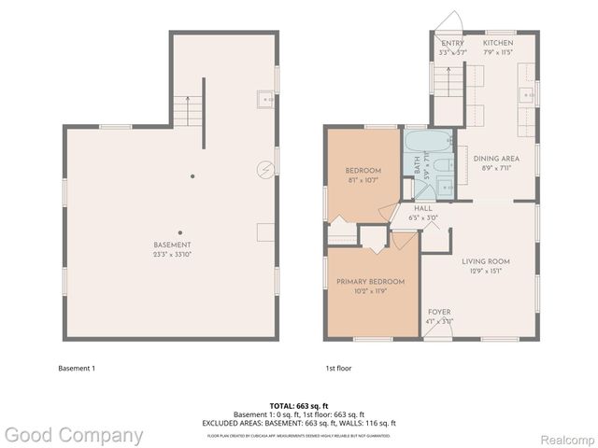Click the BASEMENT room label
(x=172, y=245)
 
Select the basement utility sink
(x=264, y=97)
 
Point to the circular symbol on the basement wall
(x=266, y=169)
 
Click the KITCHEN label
(x=498, y=43)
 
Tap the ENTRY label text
(x=452, y=43)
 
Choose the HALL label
(x=424, y=210)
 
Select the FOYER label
(x=439, y=312)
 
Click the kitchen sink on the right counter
(x=530, y=94)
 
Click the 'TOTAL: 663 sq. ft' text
(x=299, y=406)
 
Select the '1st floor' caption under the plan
(x=338, y=368)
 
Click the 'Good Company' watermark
(x=73, y=435)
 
